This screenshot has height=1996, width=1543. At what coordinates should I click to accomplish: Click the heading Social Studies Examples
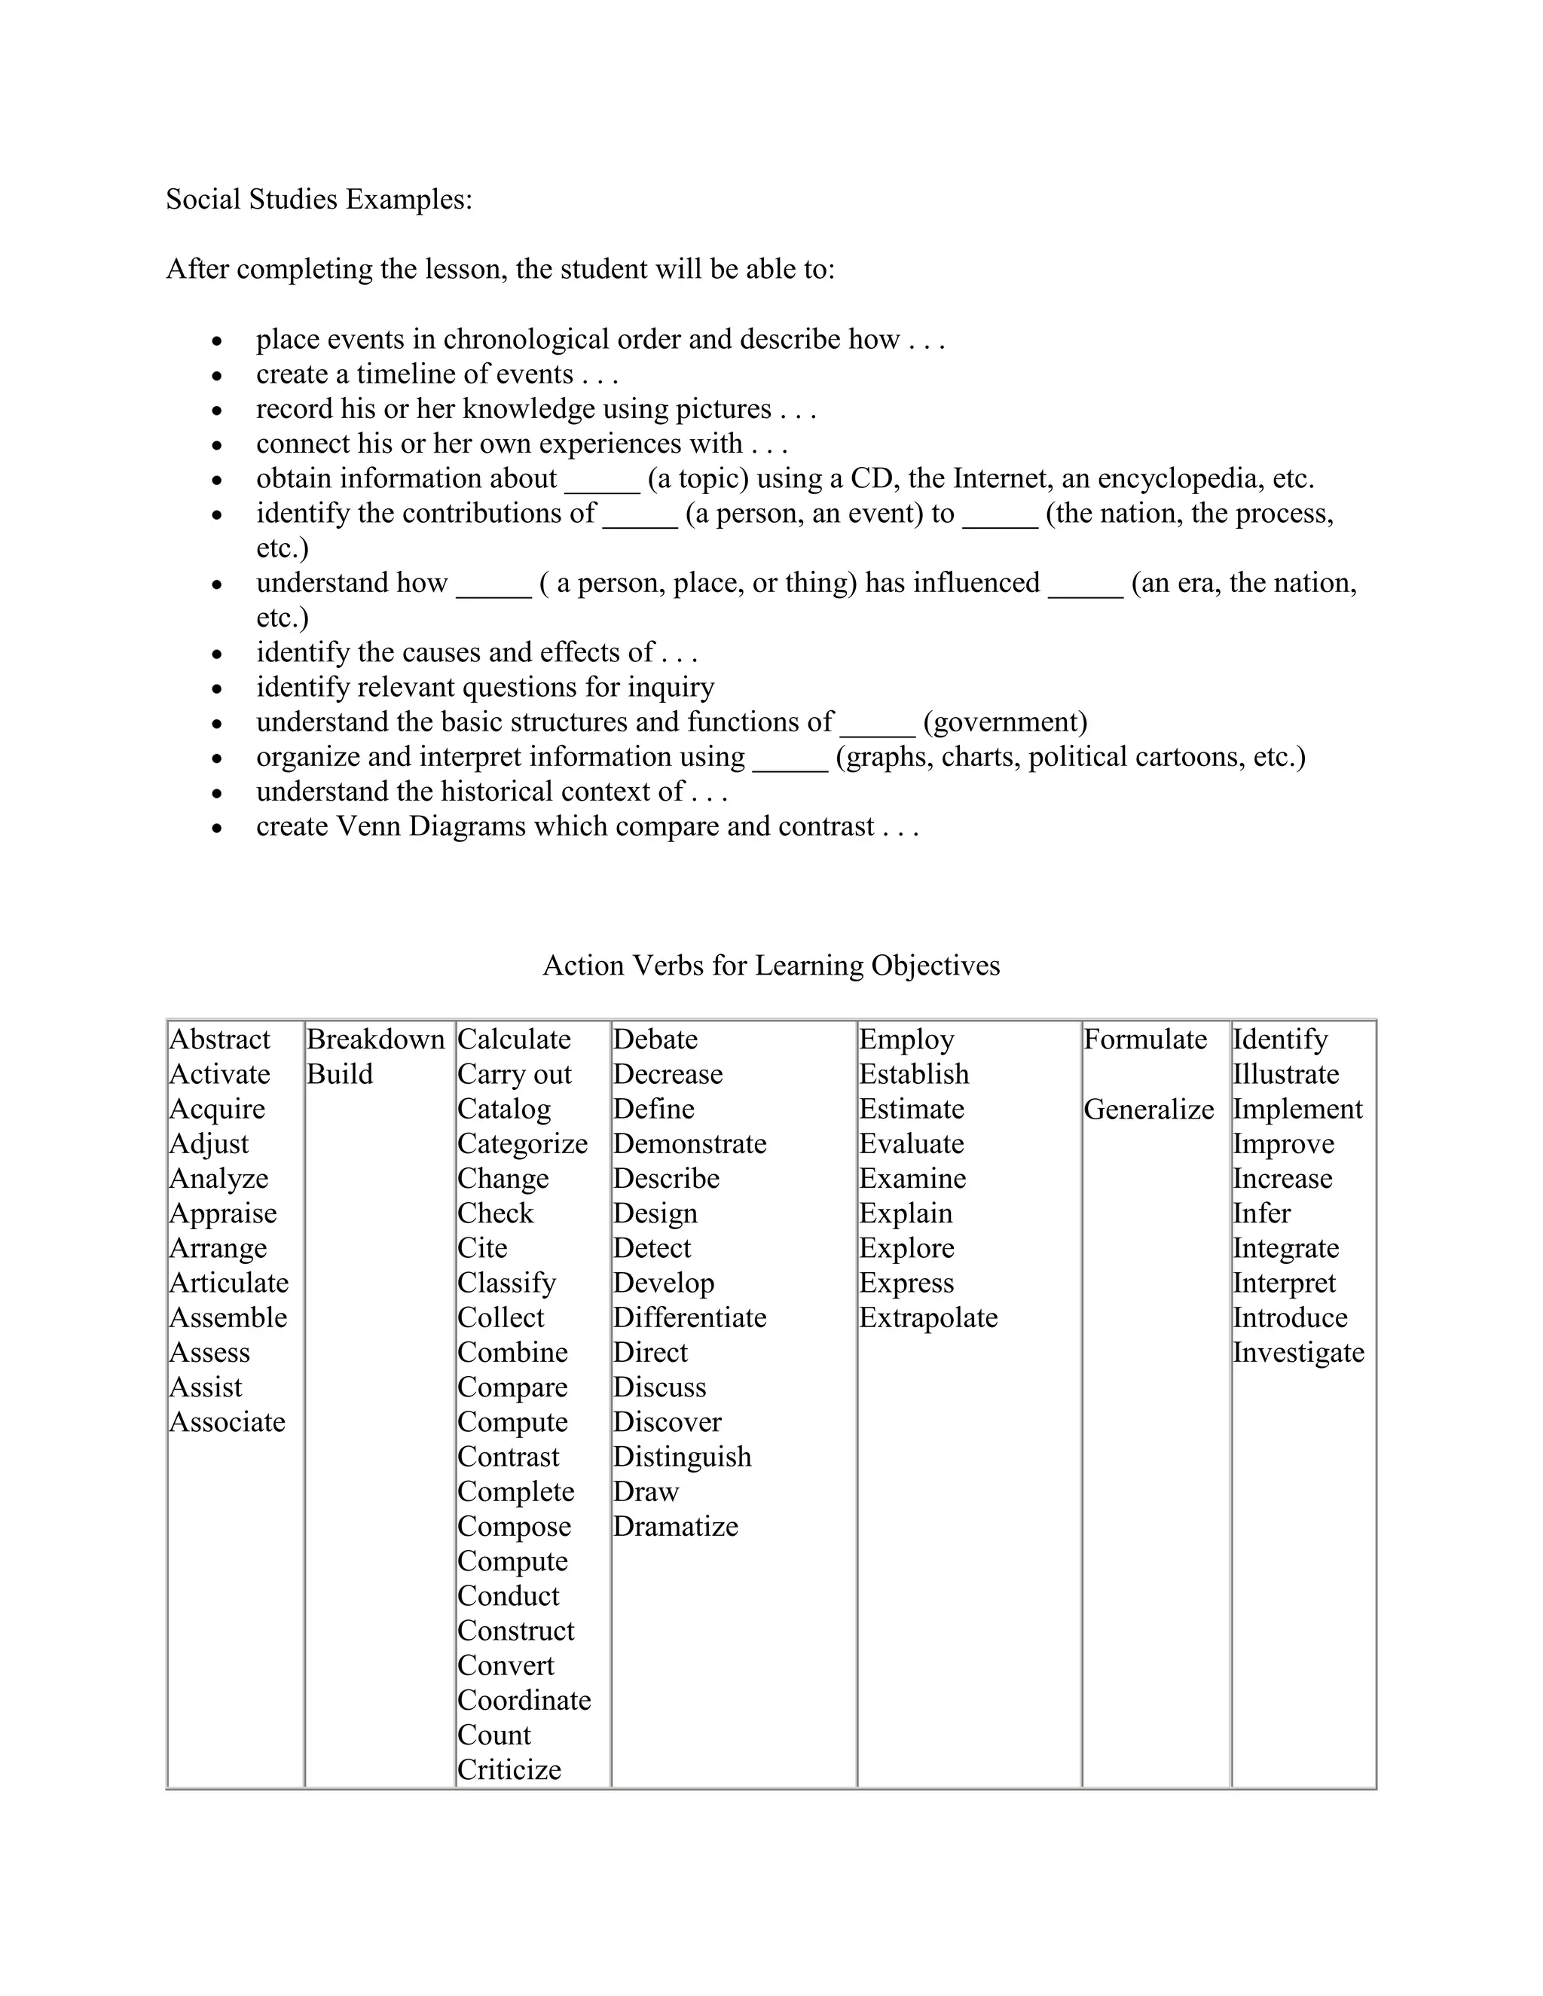point(319,200)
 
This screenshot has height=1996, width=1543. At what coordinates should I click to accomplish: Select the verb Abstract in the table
point(219,1039)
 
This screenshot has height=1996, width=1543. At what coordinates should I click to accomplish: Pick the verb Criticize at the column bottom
point(509,1769)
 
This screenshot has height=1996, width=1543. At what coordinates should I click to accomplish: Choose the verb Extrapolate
point(927,1318)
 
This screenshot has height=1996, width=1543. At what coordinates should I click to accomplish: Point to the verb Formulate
point(1144,1039)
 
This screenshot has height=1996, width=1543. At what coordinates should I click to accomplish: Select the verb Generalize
point(1149,1109)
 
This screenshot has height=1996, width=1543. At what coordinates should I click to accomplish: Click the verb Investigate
point(1298,1353)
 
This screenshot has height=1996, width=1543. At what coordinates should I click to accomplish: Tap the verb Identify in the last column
point(1280,1039)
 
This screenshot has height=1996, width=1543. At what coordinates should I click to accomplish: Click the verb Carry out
point(515,1075)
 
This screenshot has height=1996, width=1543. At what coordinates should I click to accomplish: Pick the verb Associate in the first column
point(228,1422)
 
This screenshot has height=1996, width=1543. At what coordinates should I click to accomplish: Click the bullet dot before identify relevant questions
point(217,689)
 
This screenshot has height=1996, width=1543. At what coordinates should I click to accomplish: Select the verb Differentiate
point(689,1318)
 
